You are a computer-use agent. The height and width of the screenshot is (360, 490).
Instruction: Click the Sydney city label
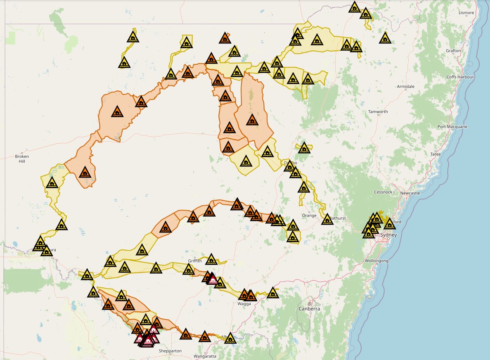coord(388,235)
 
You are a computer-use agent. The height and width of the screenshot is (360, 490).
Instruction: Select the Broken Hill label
coord(22,159)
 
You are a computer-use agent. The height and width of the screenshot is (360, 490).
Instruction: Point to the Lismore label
coord(466,13)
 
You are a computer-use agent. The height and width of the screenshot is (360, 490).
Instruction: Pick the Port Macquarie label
coord(452,127)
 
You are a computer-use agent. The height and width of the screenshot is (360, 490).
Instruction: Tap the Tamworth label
coord(378,112)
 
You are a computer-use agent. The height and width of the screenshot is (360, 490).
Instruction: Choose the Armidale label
coord(405,87)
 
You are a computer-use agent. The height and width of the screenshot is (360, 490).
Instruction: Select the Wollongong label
coord(376,261)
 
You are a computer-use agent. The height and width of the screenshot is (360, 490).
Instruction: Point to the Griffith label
coord(195,261)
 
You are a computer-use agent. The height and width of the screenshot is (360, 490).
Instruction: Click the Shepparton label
coord(170,351)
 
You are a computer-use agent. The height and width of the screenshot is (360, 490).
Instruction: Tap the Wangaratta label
coord(205,356)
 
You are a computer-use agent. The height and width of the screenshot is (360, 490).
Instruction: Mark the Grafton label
coord(453,51)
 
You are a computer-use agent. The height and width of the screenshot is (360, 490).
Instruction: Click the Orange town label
coord(309,216)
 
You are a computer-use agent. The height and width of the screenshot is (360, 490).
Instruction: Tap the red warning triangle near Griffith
coord(212,279)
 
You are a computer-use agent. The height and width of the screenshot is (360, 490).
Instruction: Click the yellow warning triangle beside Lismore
coord(385,38)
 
